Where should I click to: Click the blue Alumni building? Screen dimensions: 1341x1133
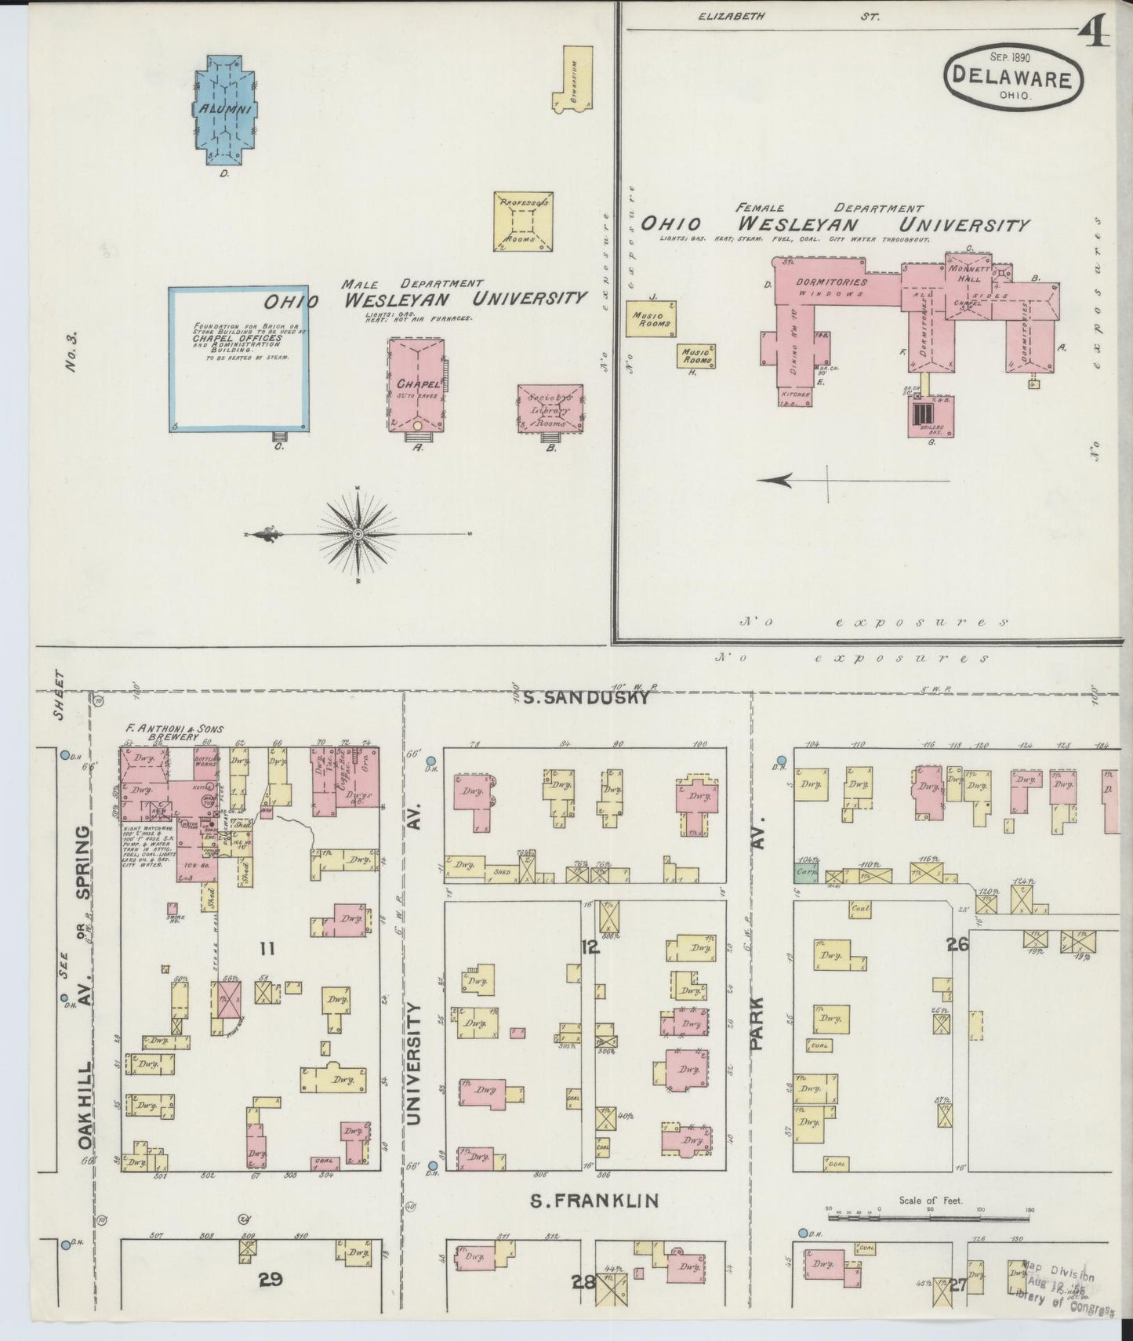pos(223,109)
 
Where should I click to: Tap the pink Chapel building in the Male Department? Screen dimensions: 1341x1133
pos(416,384)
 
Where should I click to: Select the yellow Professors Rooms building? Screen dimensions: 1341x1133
pos(524,220)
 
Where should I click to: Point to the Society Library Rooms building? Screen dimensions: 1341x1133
pos(550,407)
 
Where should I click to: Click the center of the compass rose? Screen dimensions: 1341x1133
pos(358,533)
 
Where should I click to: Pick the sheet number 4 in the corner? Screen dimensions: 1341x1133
pos(1091,31)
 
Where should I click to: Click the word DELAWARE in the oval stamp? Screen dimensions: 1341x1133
pos(1012,78)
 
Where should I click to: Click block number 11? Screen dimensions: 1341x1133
pos(267,949)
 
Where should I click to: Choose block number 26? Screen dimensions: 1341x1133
pos(957,944)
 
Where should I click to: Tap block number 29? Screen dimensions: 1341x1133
pos(271,1280)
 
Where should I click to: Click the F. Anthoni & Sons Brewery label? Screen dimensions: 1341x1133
pos(173,732)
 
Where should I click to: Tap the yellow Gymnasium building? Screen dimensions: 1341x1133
pos(575,78)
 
